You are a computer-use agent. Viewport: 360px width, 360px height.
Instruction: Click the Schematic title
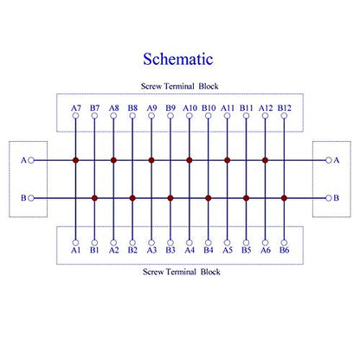point(178,59)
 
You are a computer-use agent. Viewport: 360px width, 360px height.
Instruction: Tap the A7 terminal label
point(76,108)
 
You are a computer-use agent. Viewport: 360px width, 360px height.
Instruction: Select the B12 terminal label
point(285,108)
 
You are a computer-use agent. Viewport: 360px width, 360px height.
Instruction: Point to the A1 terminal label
point(75,250)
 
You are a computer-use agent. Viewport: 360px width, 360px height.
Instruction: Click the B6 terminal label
point(284,250)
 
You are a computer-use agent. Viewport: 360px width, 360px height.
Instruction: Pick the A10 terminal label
point(190,108)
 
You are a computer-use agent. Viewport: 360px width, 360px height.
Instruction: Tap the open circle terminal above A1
point(75,242)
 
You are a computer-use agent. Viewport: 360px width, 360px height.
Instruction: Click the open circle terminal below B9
point(170,116)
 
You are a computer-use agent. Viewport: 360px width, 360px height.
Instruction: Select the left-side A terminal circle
point(31,160)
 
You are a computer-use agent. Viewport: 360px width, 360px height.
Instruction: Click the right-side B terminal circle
point(329,198)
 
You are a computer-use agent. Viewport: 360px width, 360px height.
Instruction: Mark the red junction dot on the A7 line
point(75,160)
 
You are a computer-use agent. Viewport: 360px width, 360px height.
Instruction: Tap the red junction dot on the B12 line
point(284,198)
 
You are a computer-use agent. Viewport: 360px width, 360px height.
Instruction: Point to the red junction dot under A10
point(190,160)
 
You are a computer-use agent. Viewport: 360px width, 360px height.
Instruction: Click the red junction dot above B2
point(132,198)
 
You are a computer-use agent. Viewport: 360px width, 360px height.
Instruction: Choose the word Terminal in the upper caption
point(179,87)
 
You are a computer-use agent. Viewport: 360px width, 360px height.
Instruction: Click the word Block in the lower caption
point(210,272)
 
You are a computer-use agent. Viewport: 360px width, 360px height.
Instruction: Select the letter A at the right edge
point(337,160)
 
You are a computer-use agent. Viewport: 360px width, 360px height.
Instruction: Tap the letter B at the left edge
point(23,198)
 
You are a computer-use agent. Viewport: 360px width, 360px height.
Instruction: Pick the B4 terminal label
point(209,250)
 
